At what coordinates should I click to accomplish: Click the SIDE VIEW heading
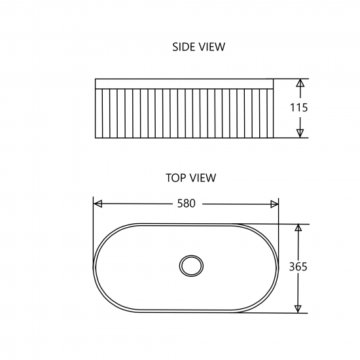(198, 46)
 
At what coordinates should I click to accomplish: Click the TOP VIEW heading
(190, 177)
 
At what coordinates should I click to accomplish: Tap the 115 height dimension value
(299, 108)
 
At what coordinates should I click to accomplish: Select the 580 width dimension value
(187, 204)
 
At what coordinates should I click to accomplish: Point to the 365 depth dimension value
(298, 266)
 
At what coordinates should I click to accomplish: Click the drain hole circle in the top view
(190, 265)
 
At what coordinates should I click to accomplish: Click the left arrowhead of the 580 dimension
(98, 204)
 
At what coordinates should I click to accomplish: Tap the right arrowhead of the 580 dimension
(275, 204)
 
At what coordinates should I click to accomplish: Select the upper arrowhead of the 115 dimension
(300, 84)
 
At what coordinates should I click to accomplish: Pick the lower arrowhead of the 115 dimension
(300, 133)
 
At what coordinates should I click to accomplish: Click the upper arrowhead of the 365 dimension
(298, 229)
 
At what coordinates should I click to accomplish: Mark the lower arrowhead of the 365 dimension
(298, 308)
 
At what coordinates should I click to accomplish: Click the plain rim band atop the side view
(184, 83)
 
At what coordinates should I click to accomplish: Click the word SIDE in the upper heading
(183, 46)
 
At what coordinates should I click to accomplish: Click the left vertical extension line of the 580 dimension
(94, 216)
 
